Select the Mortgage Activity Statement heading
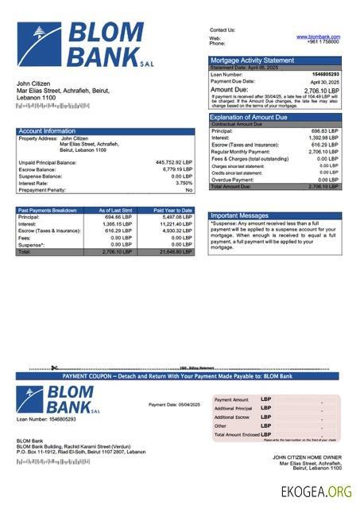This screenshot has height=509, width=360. click(x=252, y=60)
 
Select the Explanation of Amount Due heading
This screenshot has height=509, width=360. click(x=254, y=117)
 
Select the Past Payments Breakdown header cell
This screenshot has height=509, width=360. click(x=48, y=210)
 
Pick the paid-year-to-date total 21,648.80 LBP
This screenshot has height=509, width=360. click(x=175, y=251)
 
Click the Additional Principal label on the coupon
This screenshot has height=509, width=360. click(x=233, y=408)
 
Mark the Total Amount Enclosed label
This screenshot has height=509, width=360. click(x=238, y=434)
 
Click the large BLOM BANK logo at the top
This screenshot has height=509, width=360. click(x=87, y=44)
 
